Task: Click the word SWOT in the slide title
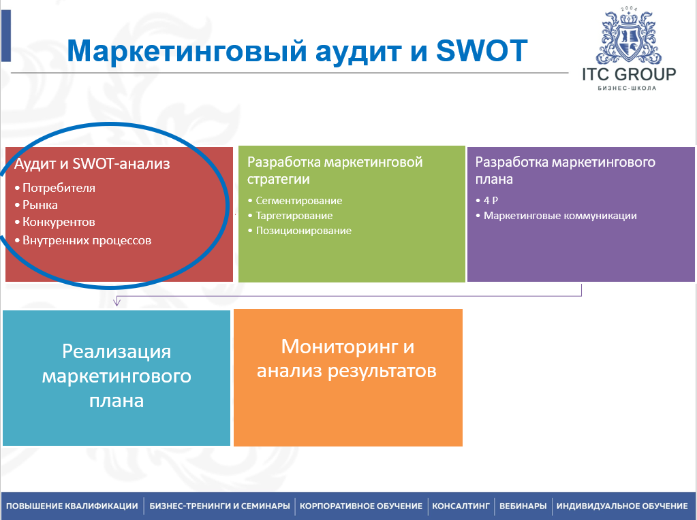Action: point(482,50)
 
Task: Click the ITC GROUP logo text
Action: point(629,74)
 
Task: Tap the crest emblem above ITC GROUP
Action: point(629,35)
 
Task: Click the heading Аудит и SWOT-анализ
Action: point(92,164)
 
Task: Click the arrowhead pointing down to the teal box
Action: point(117,302)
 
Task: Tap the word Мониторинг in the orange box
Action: point(339,347)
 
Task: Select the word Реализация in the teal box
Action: point(117,352)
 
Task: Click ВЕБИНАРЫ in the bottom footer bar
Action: point(523,506)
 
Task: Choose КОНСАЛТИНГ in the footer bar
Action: point(461,506)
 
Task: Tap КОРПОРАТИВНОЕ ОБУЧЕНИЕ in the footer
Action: point(361,506)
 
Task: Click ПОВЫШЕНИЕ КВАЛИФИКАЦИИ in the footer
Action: point(72,506)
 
